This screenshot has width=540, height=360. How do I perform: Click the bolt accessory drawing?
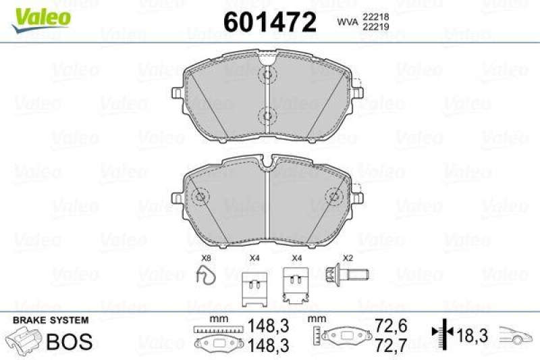click(346, 274)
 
